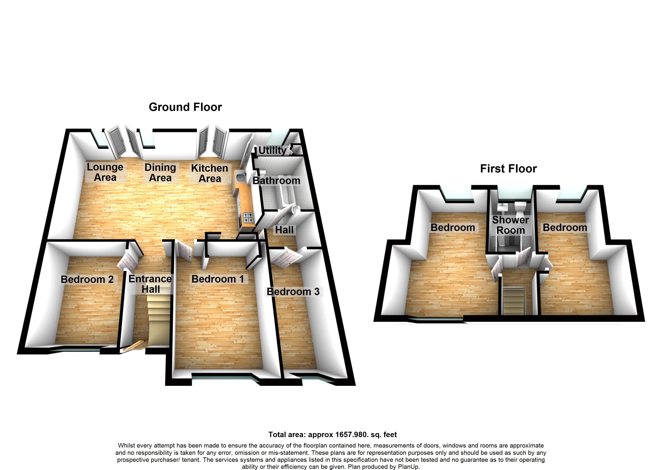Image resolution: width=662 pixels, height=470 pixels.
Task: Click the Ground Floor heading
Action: click(185, 107)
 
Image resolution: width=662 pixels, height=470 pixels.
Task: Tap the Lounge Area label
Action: click(105, 172)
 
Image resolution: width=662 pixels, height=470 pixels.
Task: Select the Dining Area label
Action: click(160, 172)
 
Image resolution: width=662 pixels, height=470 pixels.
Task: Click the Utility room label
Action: click(272, 150)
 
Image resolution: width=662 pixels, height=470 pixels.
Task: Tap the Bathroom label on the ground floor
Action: click(276, 181)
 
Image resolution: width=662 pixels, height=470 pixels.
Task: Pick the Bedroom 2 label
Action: click(87, 279)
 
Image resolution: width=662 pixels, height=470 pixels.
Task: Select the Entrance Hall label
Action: click(150, 284)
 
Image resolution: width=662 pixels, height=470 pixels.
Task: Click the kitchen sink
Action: click(241, 177)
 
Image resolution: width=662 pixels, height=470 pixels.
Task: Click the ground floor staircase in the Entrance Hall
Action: click(158, 321)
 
